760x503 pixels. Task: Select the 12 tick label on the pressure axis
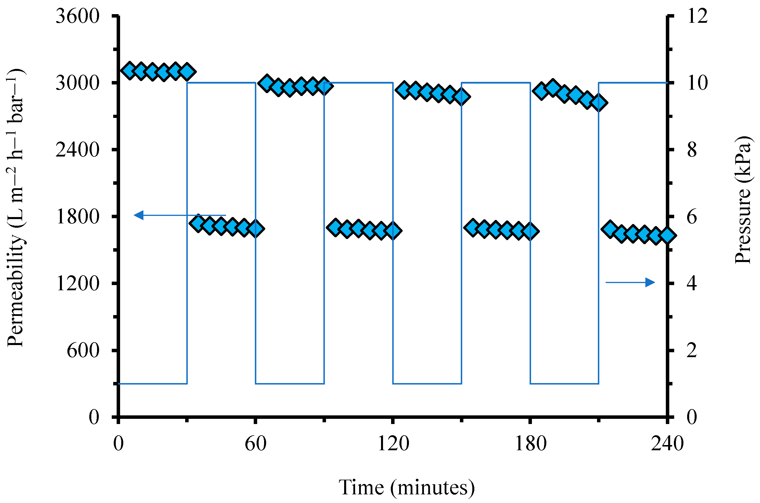pos(698,16)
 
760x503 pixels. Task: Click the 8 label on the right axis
pos(692,150)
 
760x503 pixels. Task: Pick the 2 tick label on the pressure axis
pos(692,350)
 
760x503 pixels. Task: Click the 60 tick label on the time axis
pos(255,444)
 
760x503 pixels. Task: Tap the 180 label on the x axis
pos(530,444)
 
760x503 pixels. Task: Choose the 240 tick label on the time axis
pos(667,444)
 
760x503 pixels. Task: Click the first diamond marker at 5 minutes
pos(130,71)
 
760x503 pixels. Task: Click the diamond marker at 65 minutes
pos(267,83)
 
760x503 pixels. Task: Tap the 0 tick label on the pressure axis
pos(692,417)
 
